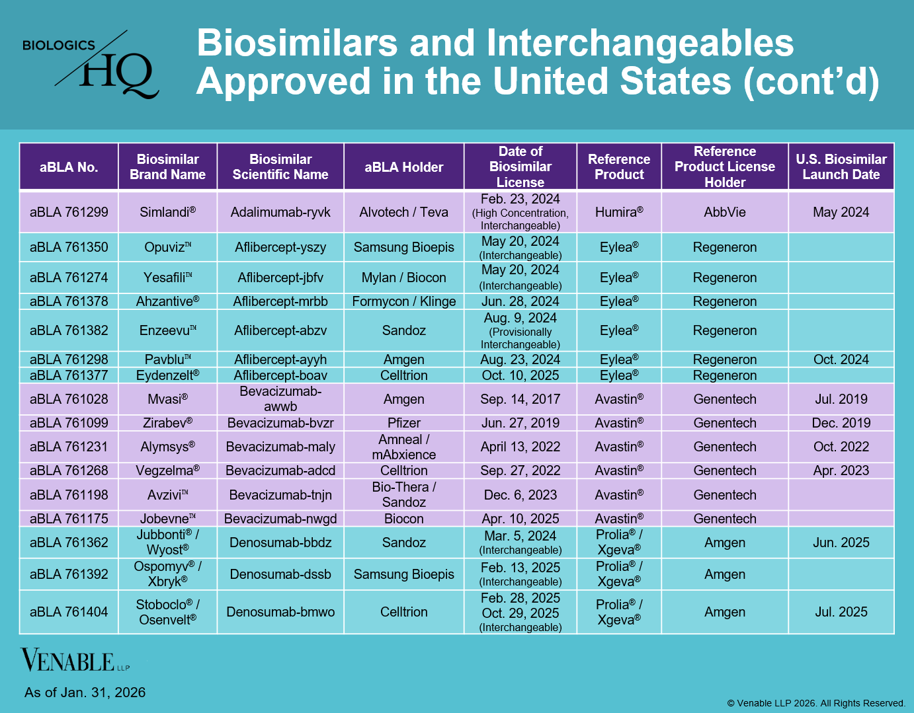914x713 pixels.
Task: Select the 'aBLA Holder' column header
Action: click(404, 167)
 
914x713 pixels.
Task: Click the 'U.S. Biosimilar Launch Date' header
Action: click(841, 167)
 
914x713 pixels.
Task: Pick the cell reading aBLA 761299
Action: click(69, 212)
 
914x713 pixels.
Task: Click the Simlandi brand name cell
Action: click(167, 212)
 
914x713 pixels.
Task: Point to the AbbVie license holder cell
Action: click(725, 212)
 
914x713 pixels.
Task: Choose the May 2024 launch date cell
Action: click(841, 212)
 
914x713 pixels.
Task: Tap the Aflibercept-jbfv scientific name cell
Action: click(280, 278)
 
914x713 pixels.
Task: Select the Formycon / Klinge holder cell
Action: click(404, 301)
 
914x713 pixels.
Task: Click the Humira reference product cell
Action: click(619, 212)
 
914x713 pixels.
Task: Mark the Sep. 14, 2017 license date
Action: click(520, 399)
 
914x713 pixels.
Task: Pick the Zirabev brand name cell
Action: click(167, 423)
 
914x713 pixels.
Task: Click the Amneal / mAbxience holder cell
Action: click(404, 447)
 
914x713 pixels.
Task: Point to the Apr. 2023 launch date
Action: click(841, 470)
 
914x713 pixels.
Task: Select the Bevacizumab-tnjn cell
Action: click(280, 495)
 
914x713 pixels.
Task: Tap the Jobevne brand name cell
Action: click(167, 519)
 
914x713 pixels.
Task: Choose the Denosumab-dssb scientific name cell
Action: click(280, 574)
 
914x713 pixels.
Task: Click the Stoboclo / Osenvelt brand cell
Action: click(167, 612)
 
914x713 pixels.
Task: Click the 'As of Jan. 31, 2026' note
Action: click(85, 693)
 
